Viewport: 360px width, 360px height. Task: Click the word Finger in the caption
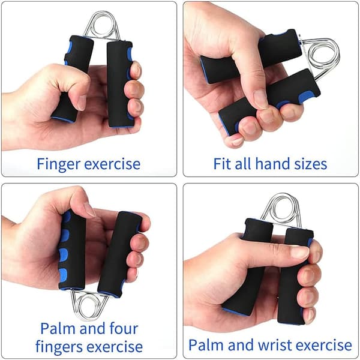(59, 164)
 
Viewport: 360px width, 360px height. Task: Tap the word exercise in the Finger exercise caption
(112, 164)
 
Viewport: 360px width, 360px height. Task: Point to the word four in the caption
(124, 328)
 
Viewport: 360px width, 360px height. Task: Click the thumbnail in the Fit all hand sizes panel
(261, 99)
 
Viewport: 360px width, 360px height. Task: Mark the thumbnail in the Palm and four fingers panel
(89, 209)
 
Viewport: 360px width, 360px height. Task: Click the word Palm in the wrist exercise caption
(206, 344)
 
